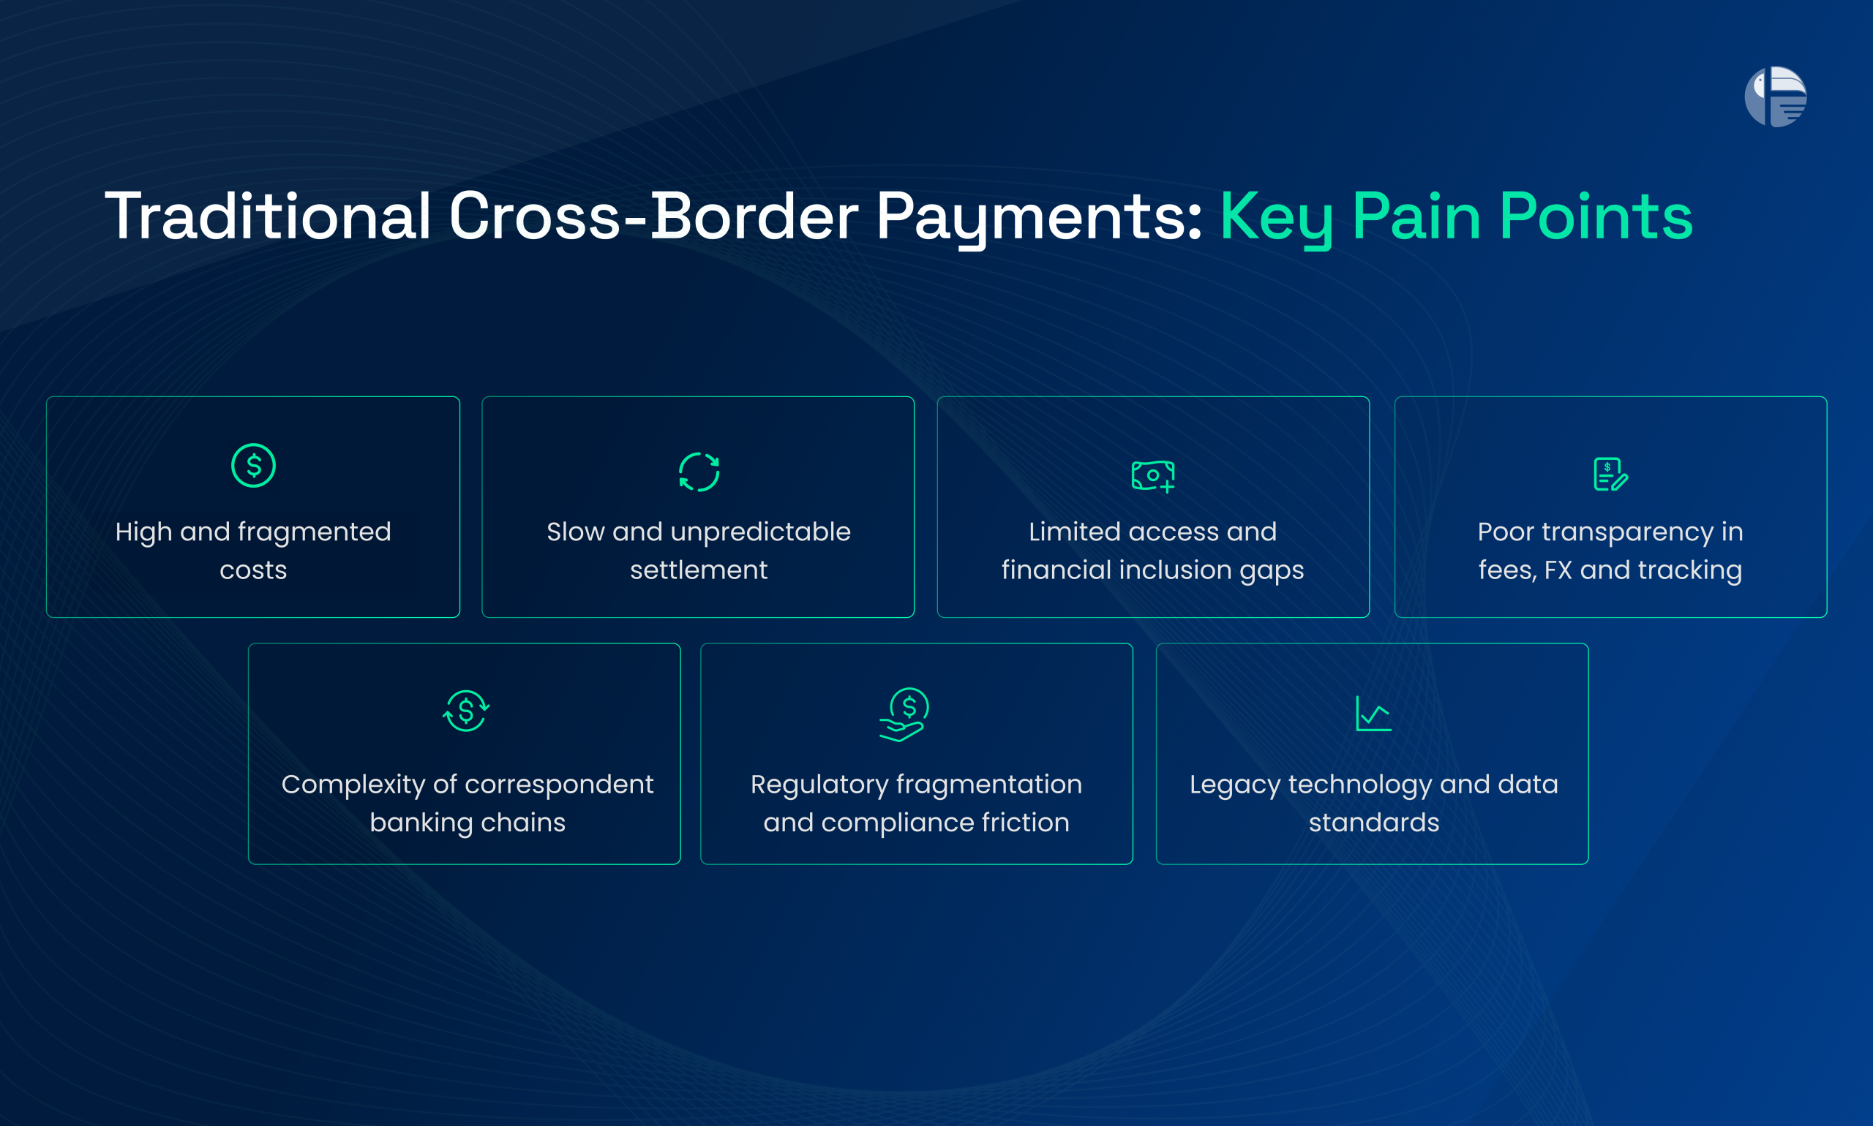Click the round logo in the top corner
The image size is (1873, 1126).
pos(1775,97)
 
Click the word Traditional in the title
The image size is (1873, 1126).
pos(267,217)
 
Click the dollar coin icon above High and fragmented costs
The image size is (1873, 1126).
pos(254,465)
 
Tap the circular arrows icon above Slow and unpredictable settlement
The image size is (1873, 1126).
pos(699,472)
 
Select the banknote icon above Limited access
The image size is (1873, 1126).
pos(1153,476)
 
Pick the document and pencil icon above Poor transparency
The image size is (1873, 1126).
pos(1610,475)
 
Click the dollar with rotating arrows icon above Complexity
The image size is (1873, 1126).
pos(465,711)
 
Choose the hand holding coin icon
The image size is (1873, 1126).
pos(904,714)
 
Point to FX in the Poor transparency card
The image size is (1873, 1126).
pos(1558,570)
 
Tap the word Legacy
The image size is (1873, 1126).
pos(1235,785)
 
